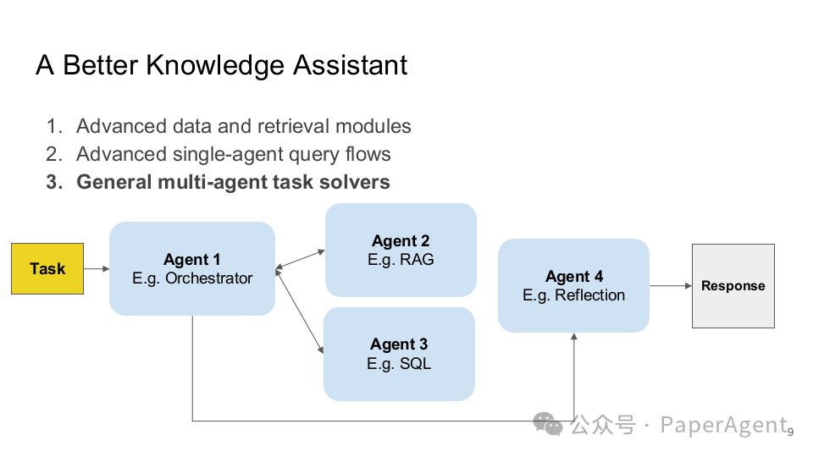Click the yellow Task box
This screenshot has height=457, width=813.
[x=47, y=268]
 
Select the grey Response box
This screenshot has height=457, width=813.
[x=733, y=286]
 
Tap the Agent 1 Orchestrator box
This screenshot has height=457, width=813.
[x=192, y=268]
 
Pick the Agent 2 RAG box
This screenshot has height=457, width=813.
[x=401, y=250]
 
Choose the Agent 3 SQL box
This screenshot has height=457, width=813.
[x=399, y=354]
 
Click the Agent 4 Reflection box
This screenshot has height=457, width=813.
[x=573, y=285]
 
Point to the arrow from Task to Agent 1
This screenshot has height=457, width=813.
[x=97, y=268]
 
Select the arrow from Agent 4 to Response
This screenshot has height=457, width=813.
[x=671, y=286]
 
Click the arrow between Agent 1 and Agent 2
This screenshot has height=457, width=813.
[x=301, y=259]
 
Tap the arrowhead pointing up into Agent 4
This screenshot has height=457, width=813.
[x=574, y=338]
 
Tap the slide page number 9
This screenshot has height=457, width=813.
[x=790, y=432]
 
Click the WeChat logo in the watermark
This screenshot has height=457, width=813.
[x=547, y=423]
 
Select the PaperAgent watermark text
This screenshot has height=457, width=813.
[x=723, y=424]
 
